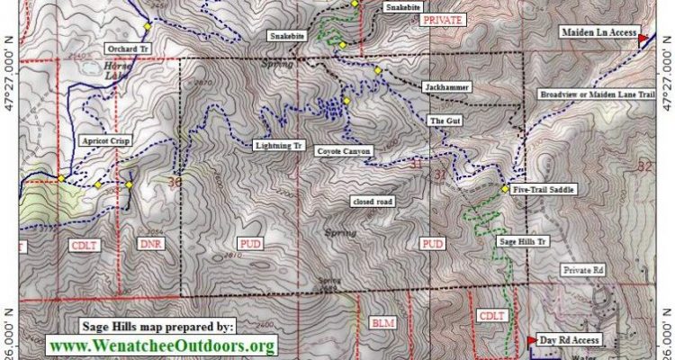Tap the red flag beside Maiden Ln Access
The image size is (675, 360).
[x=643, y=39]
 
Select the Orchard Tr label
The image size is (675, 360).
[x=125, y=48]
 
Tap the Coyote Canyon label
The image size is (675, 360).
[x=343, y=151]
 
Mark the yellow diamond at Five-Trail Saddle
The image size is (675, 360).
[x=504, y=189]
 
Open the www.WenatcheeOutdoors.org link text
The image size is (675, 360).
[x=162, y=346]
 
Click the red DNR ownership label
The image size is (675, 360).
[x=150, y=244]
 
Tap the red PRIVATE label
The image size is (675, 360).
[x=447, y=18]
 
